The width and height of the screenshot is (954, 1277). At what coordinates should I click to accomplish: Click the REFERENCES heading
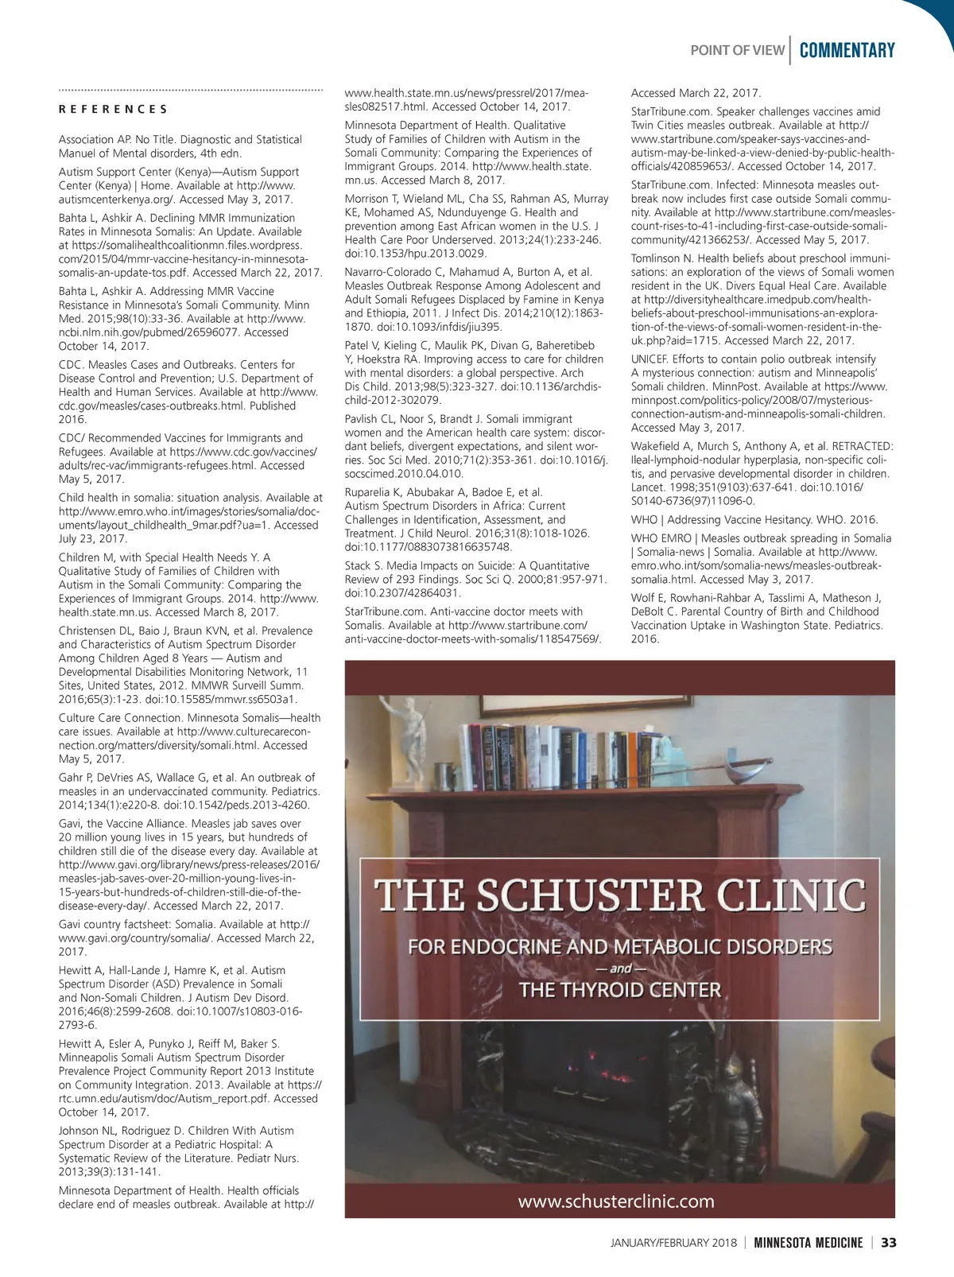coord(113,110)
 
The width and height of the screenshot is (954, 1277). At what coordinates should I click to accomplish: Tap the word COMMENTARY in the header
coord(847,51)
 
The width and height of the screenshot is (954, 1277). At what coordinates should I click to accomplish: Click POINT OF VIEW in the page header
coord(737,51)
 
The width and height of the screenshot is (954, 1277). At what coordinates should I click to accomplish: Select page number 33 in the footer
coord(889,1243)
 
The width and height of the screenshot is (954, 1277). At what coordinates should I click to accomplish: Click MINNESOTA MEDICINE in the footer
coord(808,1243)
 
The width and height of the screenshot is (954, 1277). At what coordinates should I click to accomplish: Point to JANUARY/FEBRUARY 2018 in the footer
coord(673,1243)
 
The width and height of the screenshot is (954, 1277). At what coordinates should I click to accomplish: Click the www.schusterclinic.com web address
coord(616,1201)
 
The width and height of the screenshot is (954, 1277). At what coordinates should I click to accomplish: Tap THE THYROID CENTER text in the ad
coord(620,990)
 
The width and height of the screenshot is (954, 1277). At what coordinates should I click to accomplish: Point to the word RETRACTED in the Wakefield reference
coord(862,447)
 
